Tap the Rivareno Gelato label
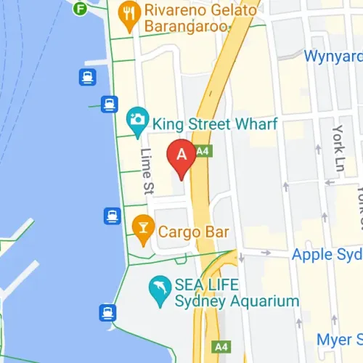tap(201, 10)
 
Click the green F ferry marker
tap(80, 9)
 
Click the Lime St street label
tap(147, 172)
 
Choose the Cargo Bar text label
tap(195, 232)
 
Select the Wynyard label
tap(333, 55)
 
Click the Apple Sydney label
tap(327, 255)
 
